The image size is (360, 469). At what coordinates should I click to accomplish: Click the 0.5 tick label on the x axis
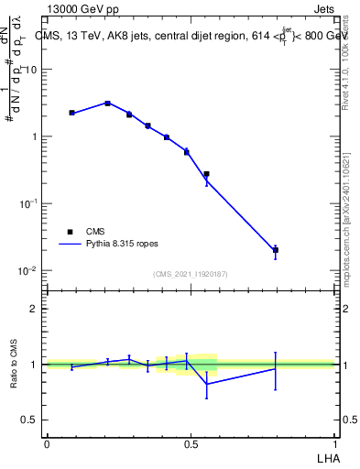coord(191,443)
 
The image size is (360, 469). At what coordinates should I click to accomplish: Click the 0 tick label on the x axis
coord(47,443)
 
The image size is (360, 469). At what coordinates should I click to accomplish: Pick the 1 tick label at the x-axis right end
coord(335,443)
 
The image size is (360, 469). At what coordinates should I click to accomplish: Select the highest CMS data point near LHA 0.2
coord(108,104)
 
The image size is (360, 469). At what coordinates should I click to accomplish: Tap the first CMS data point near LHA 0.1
coord(71,113)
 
